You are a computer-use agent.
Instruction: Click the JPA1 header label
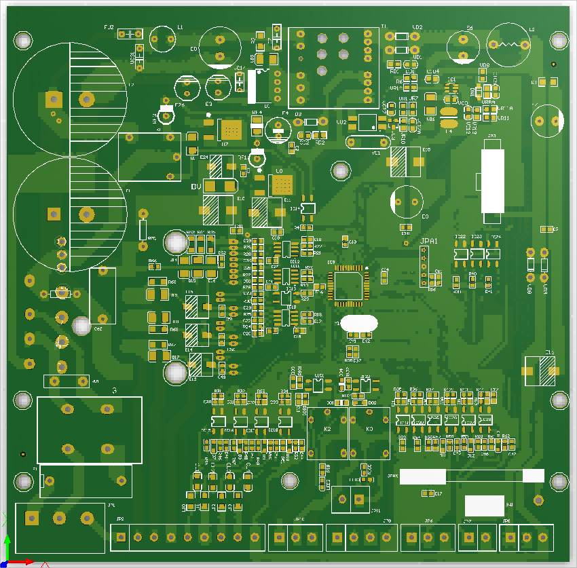pos(430,242)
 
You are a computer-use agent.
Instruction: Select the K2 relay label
pos(327,430)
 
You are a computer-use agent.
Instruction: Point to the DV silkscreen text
pos(196,187)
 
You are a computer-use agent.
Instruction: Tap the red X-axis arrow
pos(27,561)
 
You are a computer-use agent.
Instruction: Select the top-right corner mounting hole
pos(559,41)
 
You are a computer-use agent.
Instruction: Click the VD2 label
pos(417,28)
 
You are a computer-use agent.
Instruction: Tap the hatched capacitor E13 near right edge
pos(542,371)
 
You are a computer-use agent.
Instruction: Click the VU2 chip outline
pos(367,123)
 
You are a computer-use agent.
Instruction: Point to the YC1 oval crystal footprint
pos(364,143)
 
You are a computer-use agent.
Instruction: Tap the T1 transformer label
pos(383,27)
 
